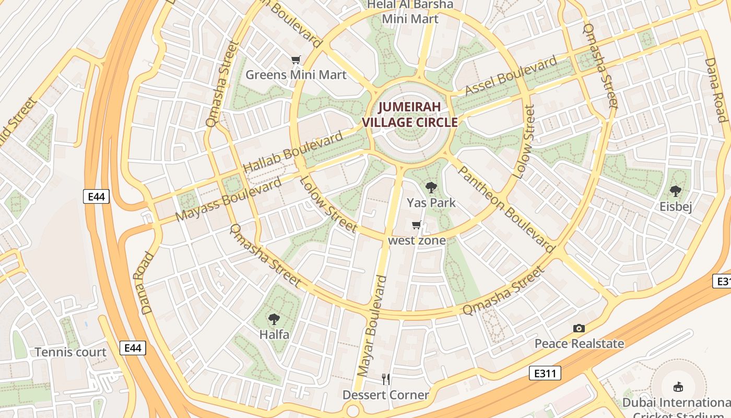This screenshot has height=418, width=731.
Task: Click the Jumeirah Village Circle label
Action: tap(410, 115)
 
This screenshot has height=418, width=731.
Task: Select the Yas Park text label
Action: tap(431, 203)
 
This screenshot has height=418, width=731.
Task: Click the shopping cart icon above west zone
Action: tap(416, 225)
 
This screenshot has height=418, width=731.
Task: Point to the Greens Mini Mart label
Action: tap(296, 75)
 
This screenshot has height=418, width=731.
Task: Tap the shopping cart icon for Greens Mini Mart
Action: tap(296, 60)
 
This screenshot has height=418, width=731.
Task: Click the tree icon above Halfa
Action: tap(274, 319)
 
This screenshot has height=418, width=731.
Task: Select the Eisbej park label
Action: tap(676, 207)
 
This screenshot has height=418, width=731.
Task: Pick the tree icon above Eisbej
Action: tap(676, 191)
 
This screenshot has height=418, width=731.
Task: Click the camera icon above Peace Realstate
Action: tap(579, 328)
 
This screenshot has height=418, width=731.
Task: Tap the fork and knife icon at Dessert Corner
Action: tap(386, 379)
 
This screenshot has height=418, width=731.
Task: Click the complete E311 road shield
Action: tap(545, 373)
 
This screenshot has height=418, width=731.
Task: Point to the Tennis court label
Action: tap(70, 352)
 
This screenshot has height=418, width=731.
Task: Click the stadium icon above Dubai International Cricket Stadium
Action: tap(678, 387)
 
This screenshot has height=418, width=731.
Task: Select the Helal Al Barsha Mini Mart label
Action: tap(410, 12)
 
